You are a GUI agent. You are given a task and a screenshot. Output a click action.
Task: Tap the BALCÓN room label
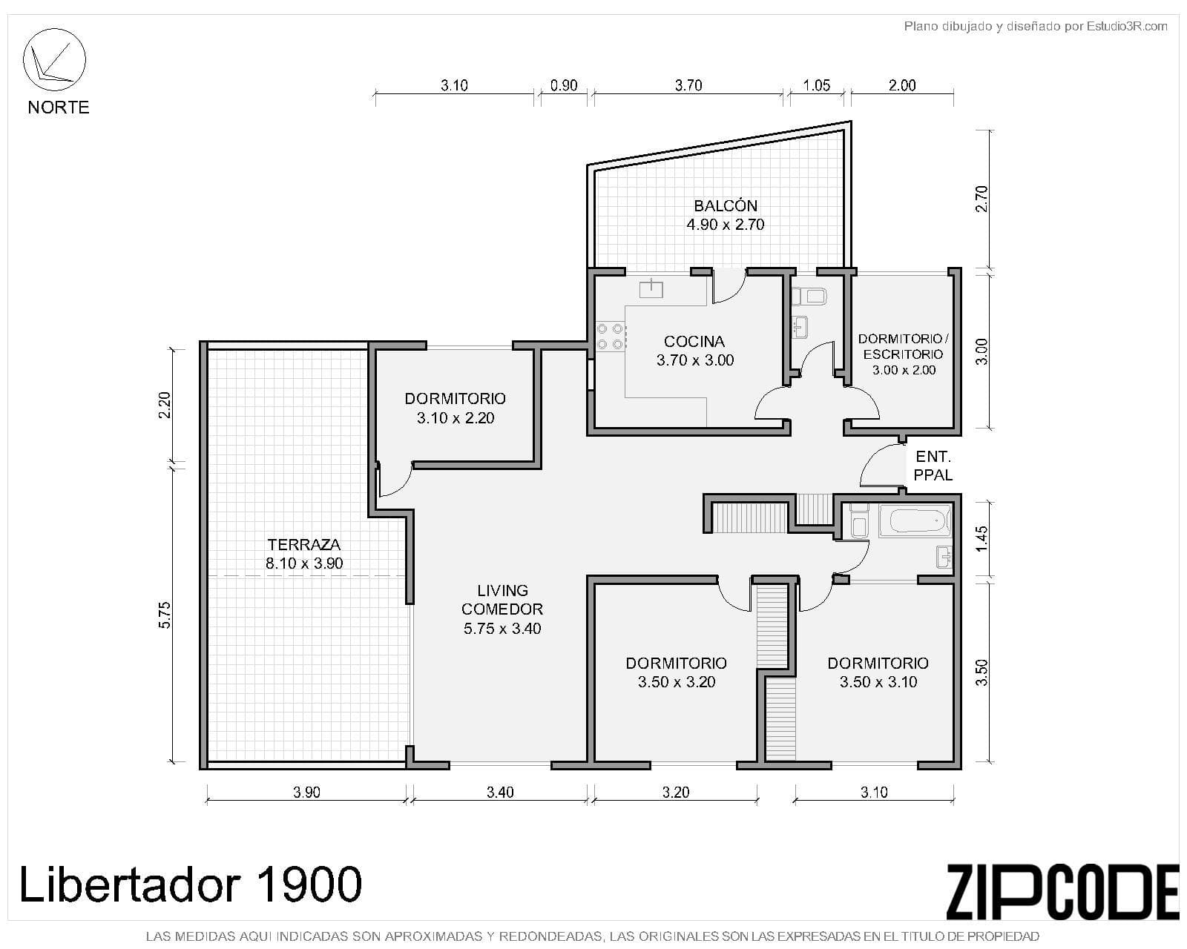coord(725,215)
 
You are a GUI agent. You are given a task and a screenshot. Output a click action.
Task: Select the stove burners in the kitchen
coord(610,336)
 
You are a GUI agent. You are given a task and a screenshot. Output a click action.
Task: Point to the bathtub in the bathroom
coord(914,520)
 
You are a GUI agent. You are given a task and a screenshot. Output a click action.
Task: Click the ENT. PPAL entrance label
coord(933,466)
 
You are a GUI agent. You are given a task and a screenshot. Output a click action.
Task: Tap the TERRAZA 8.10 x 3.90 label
coord(304,554)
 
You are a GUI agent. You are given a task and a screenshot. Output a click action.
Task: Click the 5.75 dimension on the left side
coord(165,615)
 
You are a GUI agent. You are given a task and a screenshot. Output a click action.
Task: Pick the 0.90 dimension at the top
coord(564,85)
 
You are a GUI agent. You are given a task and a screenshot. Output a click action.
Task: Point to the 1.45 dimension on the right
coord(982,538)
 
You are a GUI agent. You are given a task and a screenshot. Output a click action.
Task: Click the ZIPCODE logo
coord(1062,892)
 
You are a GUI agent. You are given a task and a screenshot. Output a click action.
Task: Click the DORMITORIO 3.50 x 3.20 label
coord(676,672)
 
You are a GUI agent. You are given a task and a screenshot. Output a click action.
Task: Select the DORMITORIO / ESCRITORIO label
coord(903,354)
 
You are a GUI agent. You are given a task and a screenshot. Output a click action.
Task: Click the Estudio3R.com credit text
coord(1127,27)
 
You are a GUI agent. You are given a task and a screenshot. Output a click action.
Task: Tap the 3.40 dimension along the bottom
coord(500,792)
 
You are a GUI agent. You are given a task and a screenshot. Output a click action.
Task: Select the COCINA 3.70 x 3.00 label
coord(694,351)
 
